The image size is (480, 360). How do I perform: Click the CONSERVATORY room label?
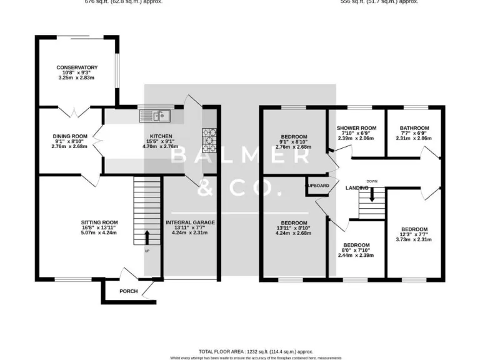(77, 67)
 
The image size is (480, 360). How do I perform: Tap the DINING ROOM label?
(69, 136)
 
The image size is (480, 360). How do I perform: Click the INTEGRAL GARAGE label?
(190, 222)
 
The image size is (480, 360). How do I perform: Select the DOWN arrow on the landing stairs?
(372, 194)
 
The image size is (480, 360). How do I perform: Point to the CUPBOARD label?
(317, 186)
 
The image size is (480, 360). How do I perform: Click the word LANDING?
(348, 187)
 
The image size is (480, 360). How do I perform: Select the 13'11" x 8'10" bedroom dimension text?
(293, 229)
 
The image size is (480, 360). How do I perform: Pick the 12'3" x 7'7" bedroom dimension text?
(414, 234)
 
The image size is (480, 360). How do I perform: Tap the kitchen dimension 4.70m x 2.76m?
(156, 146)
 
